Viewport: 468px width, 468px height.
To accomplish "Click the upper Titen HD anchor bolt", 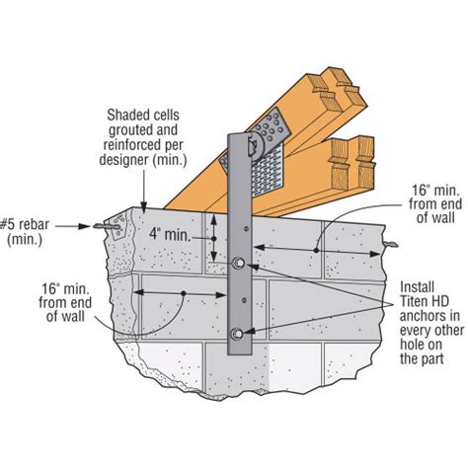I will coord(240,265).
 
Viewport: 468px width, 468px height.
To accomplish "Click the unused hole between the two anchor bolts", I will coord(239,300).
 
